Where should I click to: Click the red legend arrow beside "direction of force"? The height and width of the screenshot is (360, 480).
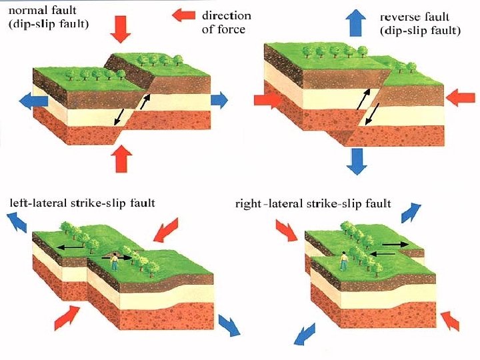[183, 15]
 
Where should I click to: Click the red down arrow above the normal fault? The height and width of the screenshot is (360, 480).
[121, 27]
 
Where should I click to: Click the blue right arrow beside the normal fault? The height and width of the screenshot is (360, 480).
[219, 100]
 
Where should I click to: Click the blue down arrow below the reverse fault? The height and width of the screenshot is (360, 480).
[358, 160]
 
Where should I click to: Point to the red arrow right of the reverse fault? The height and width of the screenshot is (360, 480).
[460, 99]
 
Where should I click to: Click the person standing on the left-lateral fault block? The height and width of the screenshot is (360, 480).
[114, 261]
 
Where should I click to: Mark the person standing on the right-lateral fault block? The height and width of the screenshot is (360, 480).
[343, 260]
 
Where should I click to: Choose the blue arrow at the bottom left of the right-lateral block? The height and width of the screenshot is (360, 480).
[307, 331]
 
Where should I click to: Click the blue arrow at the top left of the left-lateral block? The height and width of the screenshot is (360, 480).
[17, 222]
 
